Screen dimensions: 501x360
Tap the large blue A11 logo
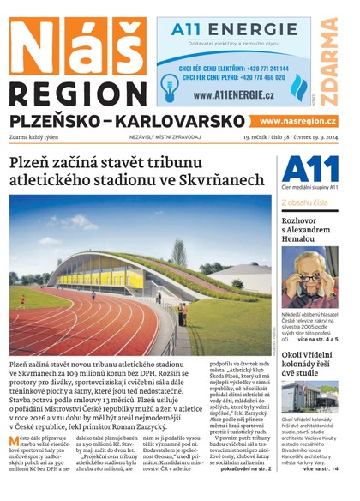303,168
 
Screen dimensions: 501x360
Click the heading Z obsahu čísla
305,202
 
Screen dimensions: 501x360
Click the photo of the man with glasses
309,279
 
